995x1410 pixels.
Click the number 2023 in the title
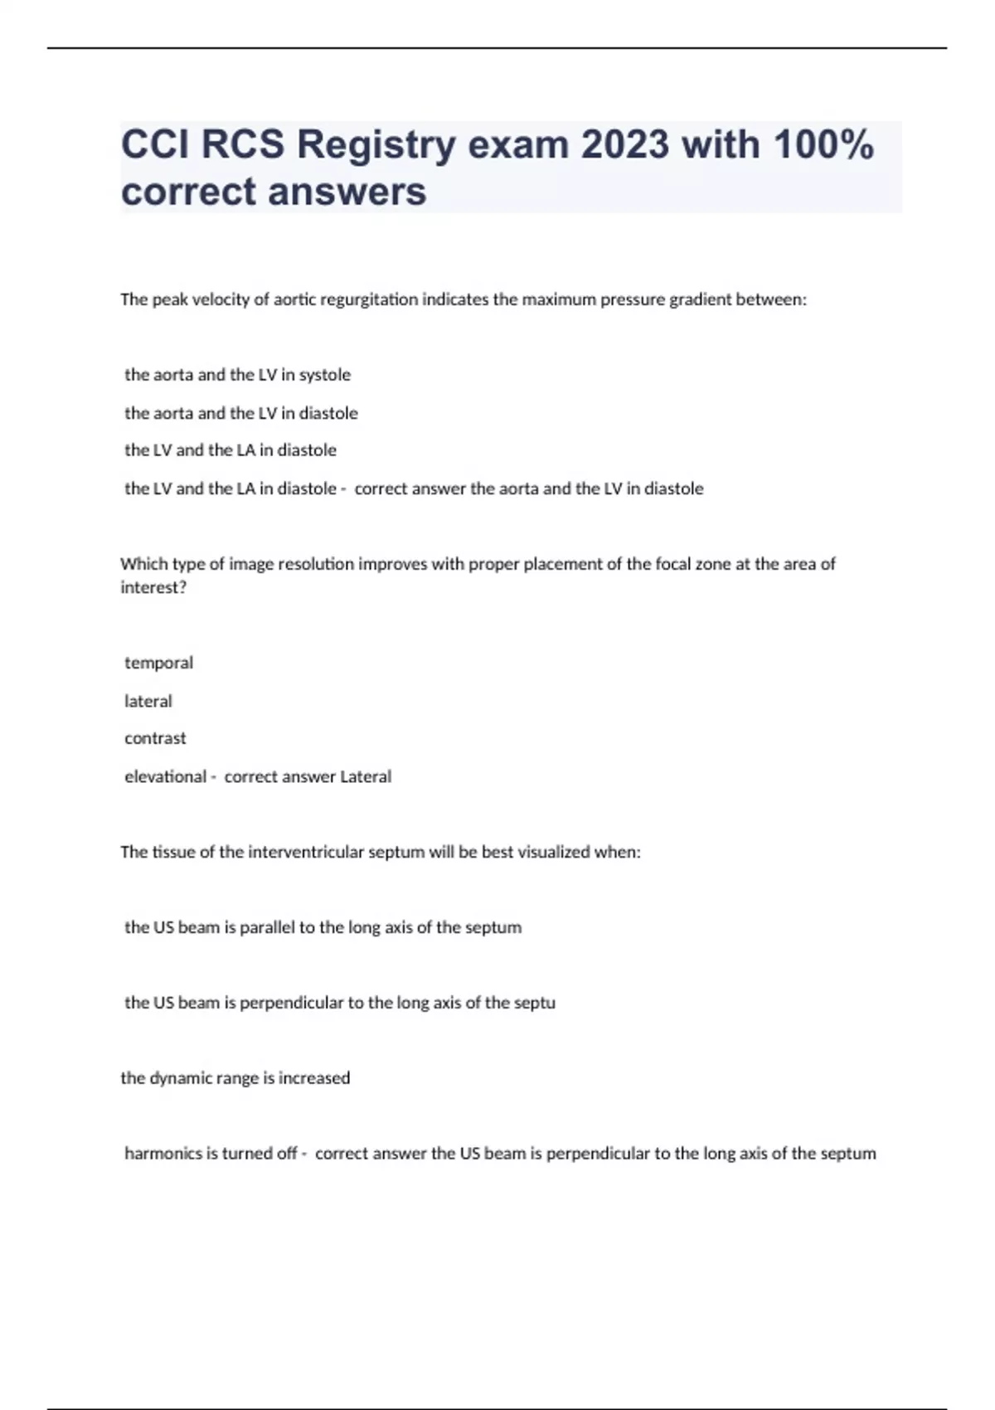(624, 144)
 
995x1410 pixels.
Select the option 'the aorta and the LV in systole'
(237, 375)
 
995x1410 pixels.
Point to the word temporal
(158, 663)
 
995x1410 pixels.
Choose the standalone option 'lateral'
(148, 701)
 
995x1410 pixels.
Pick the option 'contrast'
(155, 738)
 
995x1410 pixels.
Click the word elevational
(165, 776)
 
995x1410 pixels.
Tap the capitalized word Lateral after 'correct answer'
(366, 776)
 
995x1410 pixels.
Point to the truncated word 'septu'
(534, 1003)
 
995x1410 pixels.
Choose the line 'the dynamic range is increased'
(235, 1077)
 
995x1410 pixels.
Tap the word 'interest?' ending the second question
(153, 587)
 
